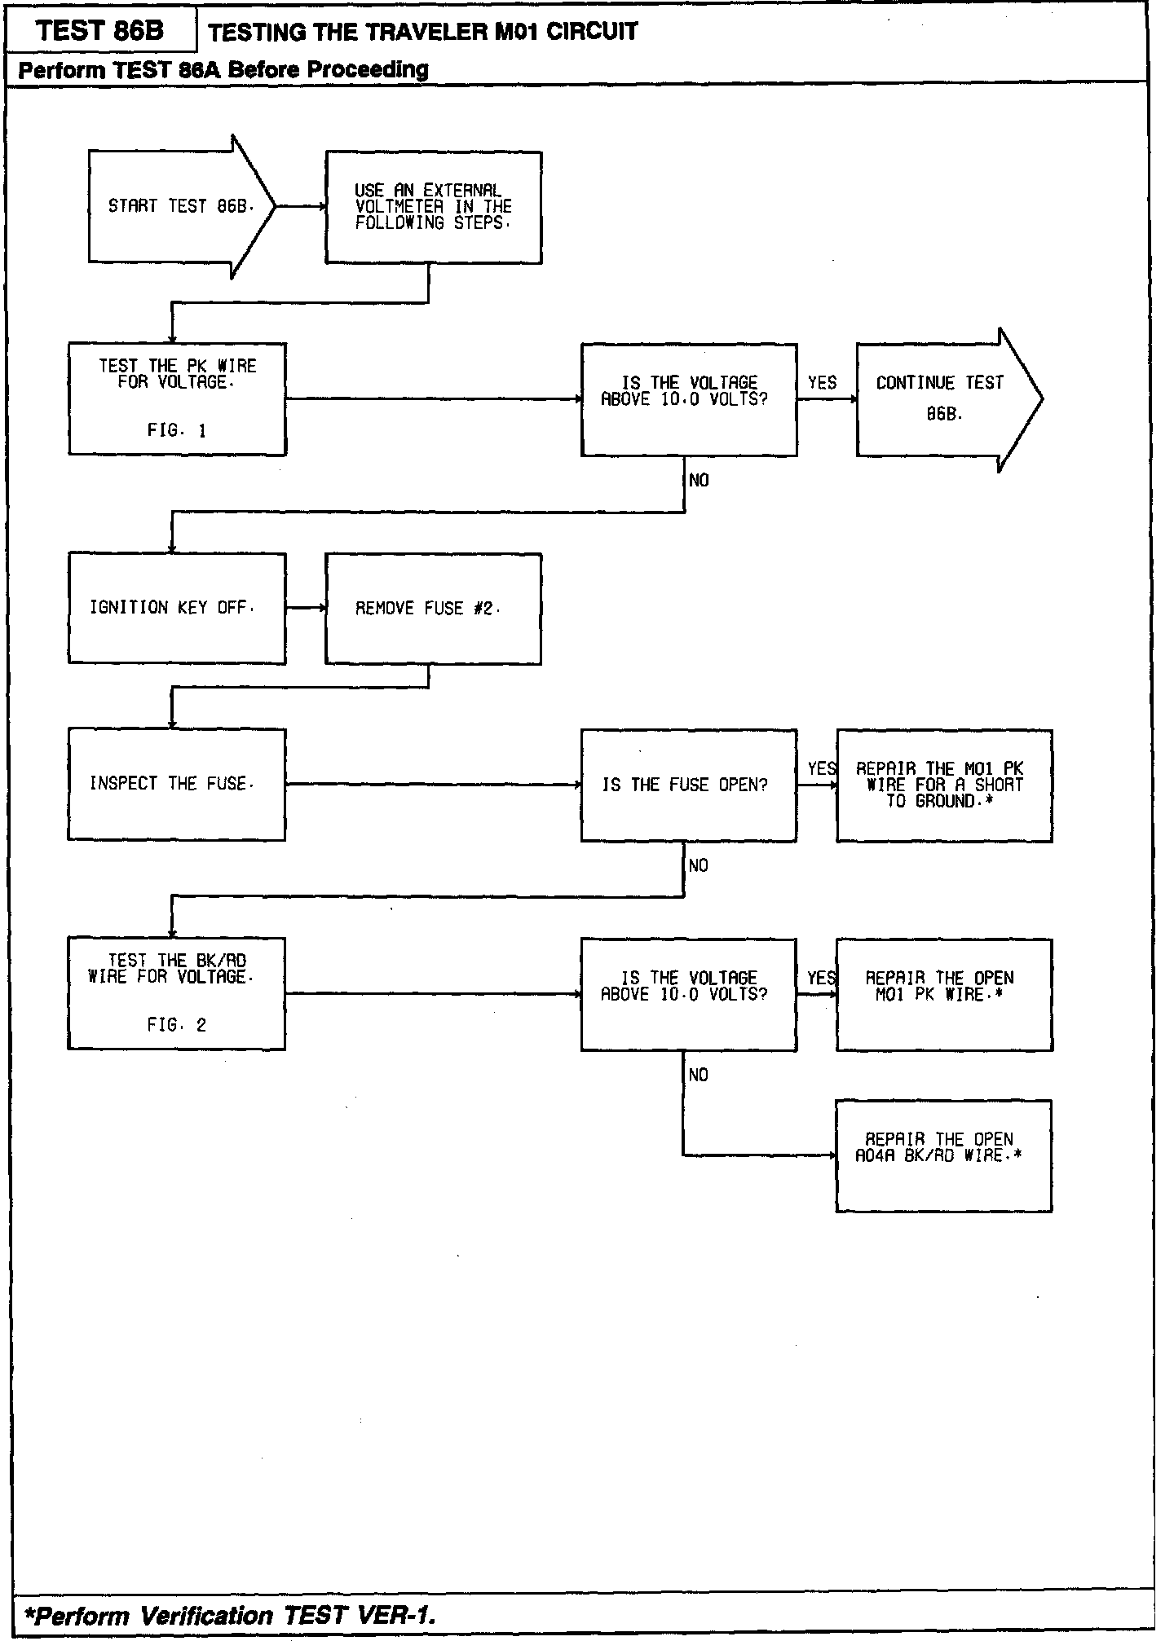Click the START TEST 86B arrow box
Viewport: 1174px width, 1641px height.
[181, 207]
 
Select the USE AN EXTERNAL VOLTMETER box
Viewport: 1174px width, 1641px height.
[434, 207]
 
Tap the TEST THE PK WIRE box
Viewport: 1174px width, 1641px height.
[177, 398]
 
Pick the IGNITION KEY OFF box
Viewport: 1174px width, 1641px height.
[177, 609]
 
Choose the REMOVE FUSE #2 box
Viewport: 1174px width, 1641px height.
[433, 609]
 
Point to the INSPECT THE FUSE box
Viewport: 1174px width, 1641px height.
[177, 784]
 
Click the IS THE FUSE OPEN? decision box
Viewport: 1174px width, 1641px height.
[688, 785]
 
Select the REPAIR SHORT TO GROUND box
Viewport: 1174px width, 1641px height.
[944, 785]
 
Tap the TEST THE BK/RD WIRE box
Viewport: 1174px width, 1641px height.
[177, 993]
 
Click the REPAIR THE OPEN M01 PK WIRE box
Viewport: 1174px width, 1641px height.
[944, 994]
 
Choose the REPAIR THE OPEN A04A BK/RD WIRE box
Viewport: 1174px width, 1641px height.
[943, 1155]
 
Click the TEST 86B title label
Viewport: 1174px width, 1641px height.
[100, 32]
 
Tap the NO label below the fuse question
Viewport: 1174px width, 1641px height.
[699, 865]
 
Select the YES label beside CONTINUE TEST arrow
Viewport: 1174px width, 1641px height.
[822, 383]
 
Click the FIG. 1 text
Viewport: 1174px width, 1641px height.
[177, 430]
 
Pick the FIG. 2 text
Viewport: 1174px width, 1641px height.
[177, 1025]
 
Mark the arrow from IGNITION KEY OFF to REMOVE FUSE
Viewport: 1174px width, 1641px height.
[306, 609]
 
